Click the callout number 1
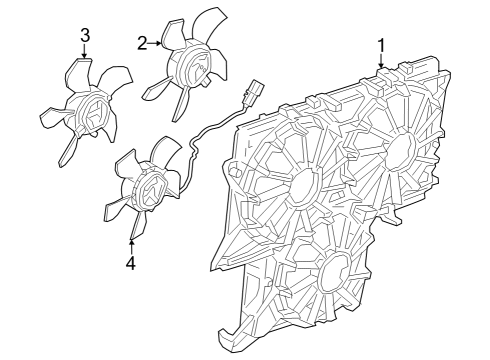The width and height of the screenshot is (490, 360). click(382, 45)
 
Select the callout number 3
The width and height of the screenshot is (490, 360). click(85, 35)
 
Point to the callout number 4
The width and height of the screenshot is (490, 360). click(130, 264)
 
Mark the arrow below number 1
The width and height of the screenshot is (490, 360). click(382, 62)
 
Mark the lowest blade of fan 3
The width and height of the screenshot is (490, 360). click(67, 149)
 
